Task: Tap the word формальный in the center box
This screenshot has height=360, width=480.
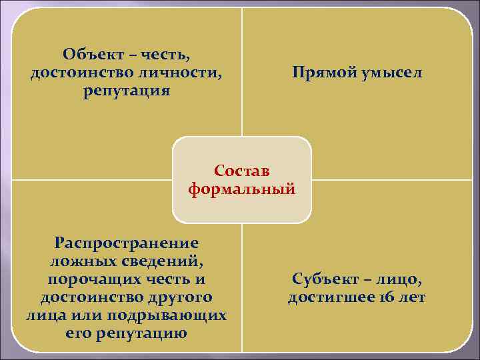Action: point(241,189)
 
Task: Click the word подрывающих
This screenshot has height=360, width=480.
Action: point(175,315)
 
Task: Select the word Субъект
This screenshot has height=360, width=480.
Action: point(324,279)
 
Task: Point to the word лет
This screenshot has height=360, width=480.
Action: point(411,297)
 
